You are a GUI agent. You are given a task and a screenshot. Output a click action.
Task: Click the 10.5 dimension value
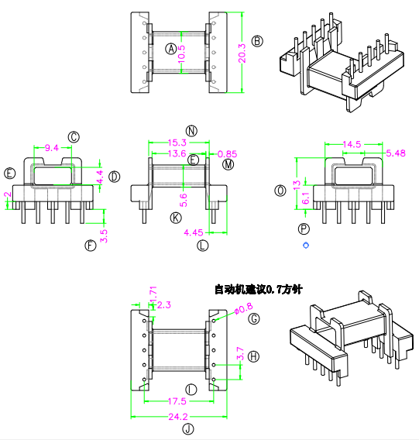pyautogui.click(x=181, y=54)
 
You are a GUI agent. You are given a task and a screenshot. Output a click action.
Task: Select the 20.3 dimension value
pyautogui.click(x=242, y=53)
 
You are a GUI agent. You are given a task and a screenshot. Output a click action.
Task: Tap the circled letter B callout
pyautogui.click(x=257, y=41)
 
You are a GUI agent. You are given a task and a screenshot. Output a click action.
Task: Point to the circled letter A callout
pyautogui.click(x=170, y=49)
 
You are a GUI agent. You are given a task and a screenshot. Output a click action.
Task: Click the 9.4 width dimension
pyautogui.click(x=52, y=148)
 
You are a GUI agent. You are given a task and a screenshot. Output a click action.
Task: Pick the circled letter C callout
pyautogui.click(x=74, y=137)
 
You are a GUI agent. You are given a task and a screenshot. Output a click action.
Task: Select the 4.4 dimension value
pyautogui.click(x=100, y=177)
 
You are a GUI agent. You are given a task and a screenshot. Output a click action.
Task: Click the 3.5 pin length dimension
pyautogui.click(x=104, y=236)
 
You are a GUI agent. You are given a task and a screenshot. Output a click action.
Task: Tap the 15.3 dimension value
pyautogui.click(x=177, y=143)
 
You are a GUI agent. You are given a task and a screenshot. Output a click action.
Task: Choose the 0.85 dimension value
pyautogui.click(x=228, y=154)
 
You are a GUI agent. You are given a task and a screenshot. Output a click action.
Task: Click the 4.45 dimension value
pyautogui.click(x=194, y=232)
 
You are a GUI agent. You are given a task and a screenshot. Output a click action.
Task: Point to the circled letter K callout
pyautogui.click(x=176, y=218)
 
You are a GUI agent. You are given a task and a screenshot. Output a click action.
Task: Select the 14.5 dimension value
pyautogui.click(x=352, y=144)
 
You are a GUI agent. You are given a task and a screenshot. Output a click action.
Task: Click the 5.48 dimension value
pyautogui.click(x=396, y=153)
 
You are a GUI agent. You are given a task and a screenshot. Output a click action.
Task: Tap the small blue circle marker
pyautogui.click(x=306, y=246)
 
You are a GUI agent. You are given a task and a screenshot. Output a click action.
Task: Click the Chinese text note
pyautogui.click(x=259, y=289)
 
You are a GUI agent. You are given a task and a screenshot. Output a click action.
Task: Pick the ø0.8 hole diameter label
pyautogui.click(x=244, y=308)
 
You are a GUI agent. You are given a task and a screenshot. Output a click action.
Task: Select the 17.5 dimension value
pyautogui.click(x=177, y=401)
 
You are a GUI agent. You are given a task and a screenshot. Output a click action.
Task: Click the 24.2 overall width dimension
pyautogui.click(x=178, y=417)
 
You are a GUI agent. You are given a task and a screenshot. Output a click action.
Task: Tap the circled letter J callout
pyautogui.click(x=188, y=429)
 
